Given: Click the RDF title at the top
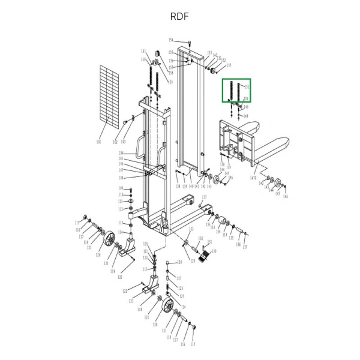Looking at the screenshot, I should click(179, 16).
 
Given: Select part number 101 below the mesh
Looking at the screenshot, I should click(98, 142).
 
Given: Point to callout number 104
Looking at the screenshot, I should click(121, 154).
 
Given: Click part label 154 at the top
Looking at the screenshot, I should click(171, 40).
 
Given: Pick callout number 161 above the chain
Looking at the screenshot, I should click(143, 51).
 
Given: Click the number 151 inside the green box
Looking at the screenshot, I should click(247, 87).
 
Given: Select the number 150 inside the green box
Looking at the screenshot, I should click(246, 98).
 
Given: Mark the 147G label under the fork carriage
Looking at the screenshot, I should click(253, 178).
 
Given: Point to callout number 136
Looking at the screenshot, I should click(238, 244).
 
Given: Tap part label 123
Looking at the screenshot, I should click(131, 302).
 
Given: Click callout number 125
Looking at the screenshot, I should click(182, 296).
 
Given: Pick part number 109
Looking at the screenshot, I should click(121, 188).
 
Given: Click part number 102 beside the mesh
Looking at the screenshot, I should click(115, 142).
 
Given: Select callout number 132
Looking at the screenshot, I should click(201, 238).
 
